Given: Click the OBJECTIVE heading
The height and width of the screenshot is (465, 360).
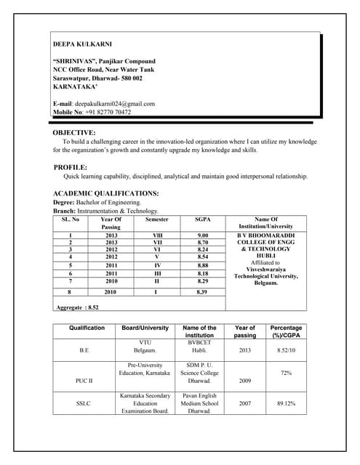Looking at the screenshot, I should pyautogui.click(x=74, y=133).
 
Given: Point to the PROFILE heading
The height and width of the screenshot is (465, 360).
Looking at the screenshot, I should pyautogui.click(x=71, y=168).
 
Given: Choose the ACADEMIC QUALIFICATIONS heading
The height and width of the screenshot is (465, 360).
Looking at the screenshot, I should pyautogui.click(x=106, y=193).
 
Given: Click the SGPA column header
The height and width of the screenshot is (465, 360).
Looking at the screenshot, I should pyautogui.click(x=203, y=219).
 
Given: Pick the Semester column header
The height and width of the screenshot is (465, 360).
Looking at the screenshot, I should pyautogui.click(x=156, y=219).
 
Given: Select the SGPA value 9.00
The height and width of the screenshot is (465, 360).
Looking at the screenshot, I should pyautogui.click(x=203, y=235).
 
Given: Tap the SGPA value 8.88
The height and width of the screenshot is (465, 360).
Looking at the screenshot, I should pyautogui.click(x=203, y=265).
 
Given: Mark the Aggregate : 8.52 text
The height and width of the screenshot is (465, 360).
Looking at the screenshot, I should pyautogui.click(x=77, y=307).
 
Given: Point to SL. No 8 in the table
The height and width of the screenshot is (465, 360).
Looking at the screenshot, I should pyautogui.click(x=70, y=291).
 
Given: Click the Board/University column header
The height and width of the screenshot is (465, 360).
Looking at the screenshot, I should pyautogui.click(x=145, y=328).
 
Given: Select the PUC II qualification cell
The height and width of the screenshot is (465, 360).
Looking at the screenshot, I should pyautogui.click(x=84, y=380).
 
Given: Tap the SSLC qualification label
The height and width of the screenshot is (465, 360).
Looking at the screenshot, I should pyautogui.click(x=84, y=403).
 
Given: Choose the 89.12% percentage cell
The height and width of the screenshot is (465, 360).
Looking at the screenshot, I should pyautogui.click(x=286, y=403).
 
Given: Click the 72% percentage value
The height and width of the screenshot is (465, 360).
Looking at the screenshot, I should pyautogui.click(x=286, y=373).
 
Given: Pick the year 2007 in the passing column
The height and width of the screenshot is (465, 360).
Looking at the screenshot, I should pyautogui.click(x=244, y=403).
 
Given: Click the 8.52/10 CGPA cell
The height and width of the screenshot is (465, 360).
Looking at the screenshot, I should pyautogui.click(x=286, y=349).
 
